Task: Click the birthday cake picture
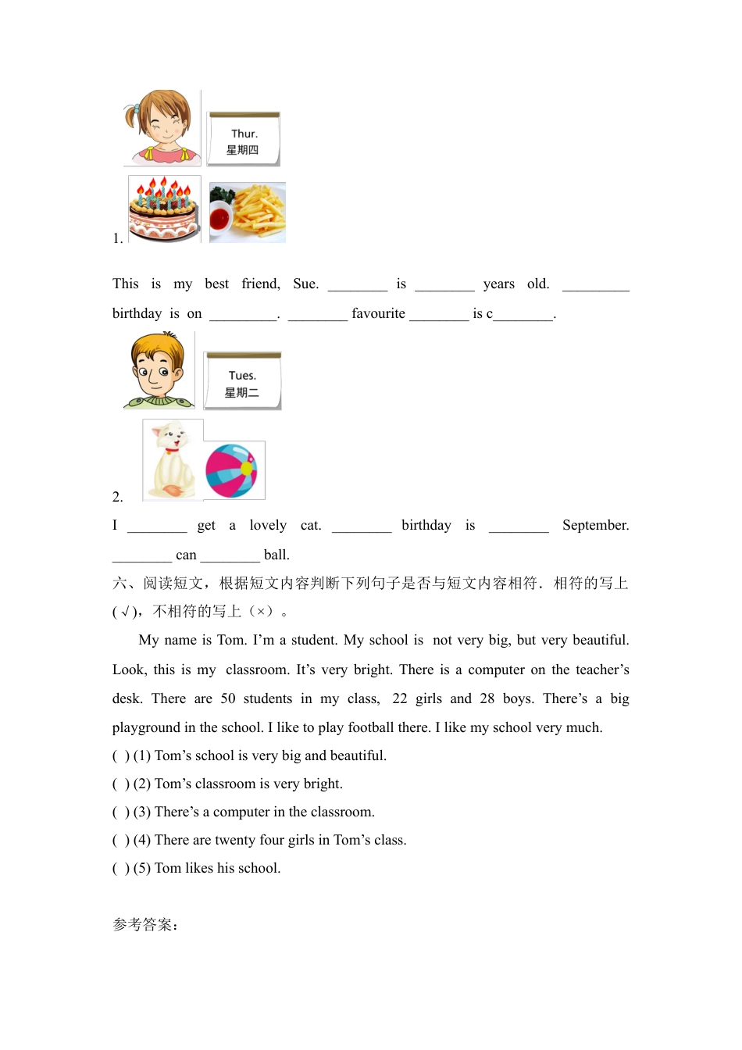click(165, 209)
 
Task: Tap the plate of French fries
click(248, 212)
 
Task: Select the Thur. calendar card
click(244, 140)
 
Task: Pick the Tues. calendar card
click(242, 381)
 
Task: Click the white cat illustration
click(173, 459)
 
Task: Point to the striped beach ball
click(231, 471)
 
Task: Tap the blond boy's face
click(159, 370)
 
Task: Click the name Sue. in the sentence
click(305, 284)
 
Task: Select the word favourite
click(378, 314)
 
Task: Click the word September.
click(595, 526)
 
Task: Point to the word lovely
click(268, 526)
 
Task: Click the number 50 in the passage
click(228, 699)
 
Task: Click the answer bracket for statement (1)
click(121, 756)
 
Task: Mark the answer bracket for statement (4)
click(121, 841)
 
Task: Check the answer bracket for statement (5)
click(121, 869)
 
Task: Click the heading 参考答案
click(145, 925)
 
